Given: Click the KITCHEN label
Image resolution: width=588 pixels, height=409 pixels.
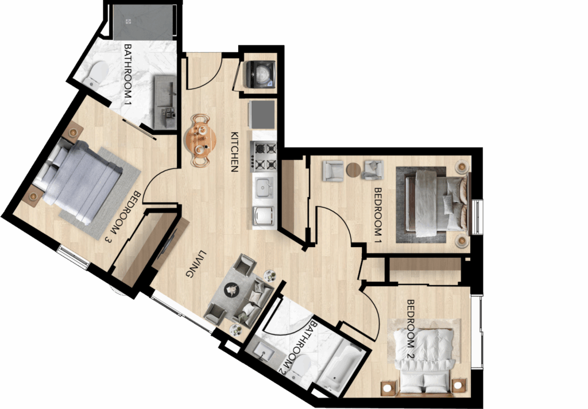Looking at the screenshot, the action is [235, 152].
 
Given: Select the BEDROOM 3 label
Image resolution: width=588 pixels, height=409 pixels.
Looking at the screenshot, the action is [123, 217].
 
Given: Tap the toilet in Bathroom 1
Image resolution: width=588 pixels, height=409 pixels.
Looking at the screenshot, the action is [95, 74].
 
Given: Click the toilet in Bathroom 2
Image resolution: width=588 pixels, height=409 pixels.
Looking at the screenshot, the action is [300, 366].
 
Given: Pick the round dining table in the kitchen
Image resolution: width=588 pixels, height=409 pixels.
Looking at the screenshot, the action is [200, 140].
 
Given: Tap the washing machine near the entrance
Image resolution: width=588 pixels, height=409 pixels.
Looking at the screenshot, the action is [260, 74].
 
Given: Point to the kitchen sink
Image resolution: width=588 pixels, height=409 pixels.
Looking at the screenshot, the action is [264, 188].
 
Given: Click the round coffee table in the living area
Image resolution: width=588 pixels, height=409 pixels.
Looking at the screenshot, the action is [232, 290].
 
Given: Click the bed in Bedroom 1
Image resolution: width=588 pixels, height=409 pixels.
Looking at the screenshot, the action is [433, 203].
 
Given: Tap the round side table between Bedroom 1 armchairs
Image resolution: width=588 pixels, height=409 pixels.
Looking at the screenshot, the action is [353, 169].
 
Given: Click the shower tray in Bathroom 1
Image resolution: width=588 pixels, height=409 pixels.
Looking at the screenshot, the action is [143, 22].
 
